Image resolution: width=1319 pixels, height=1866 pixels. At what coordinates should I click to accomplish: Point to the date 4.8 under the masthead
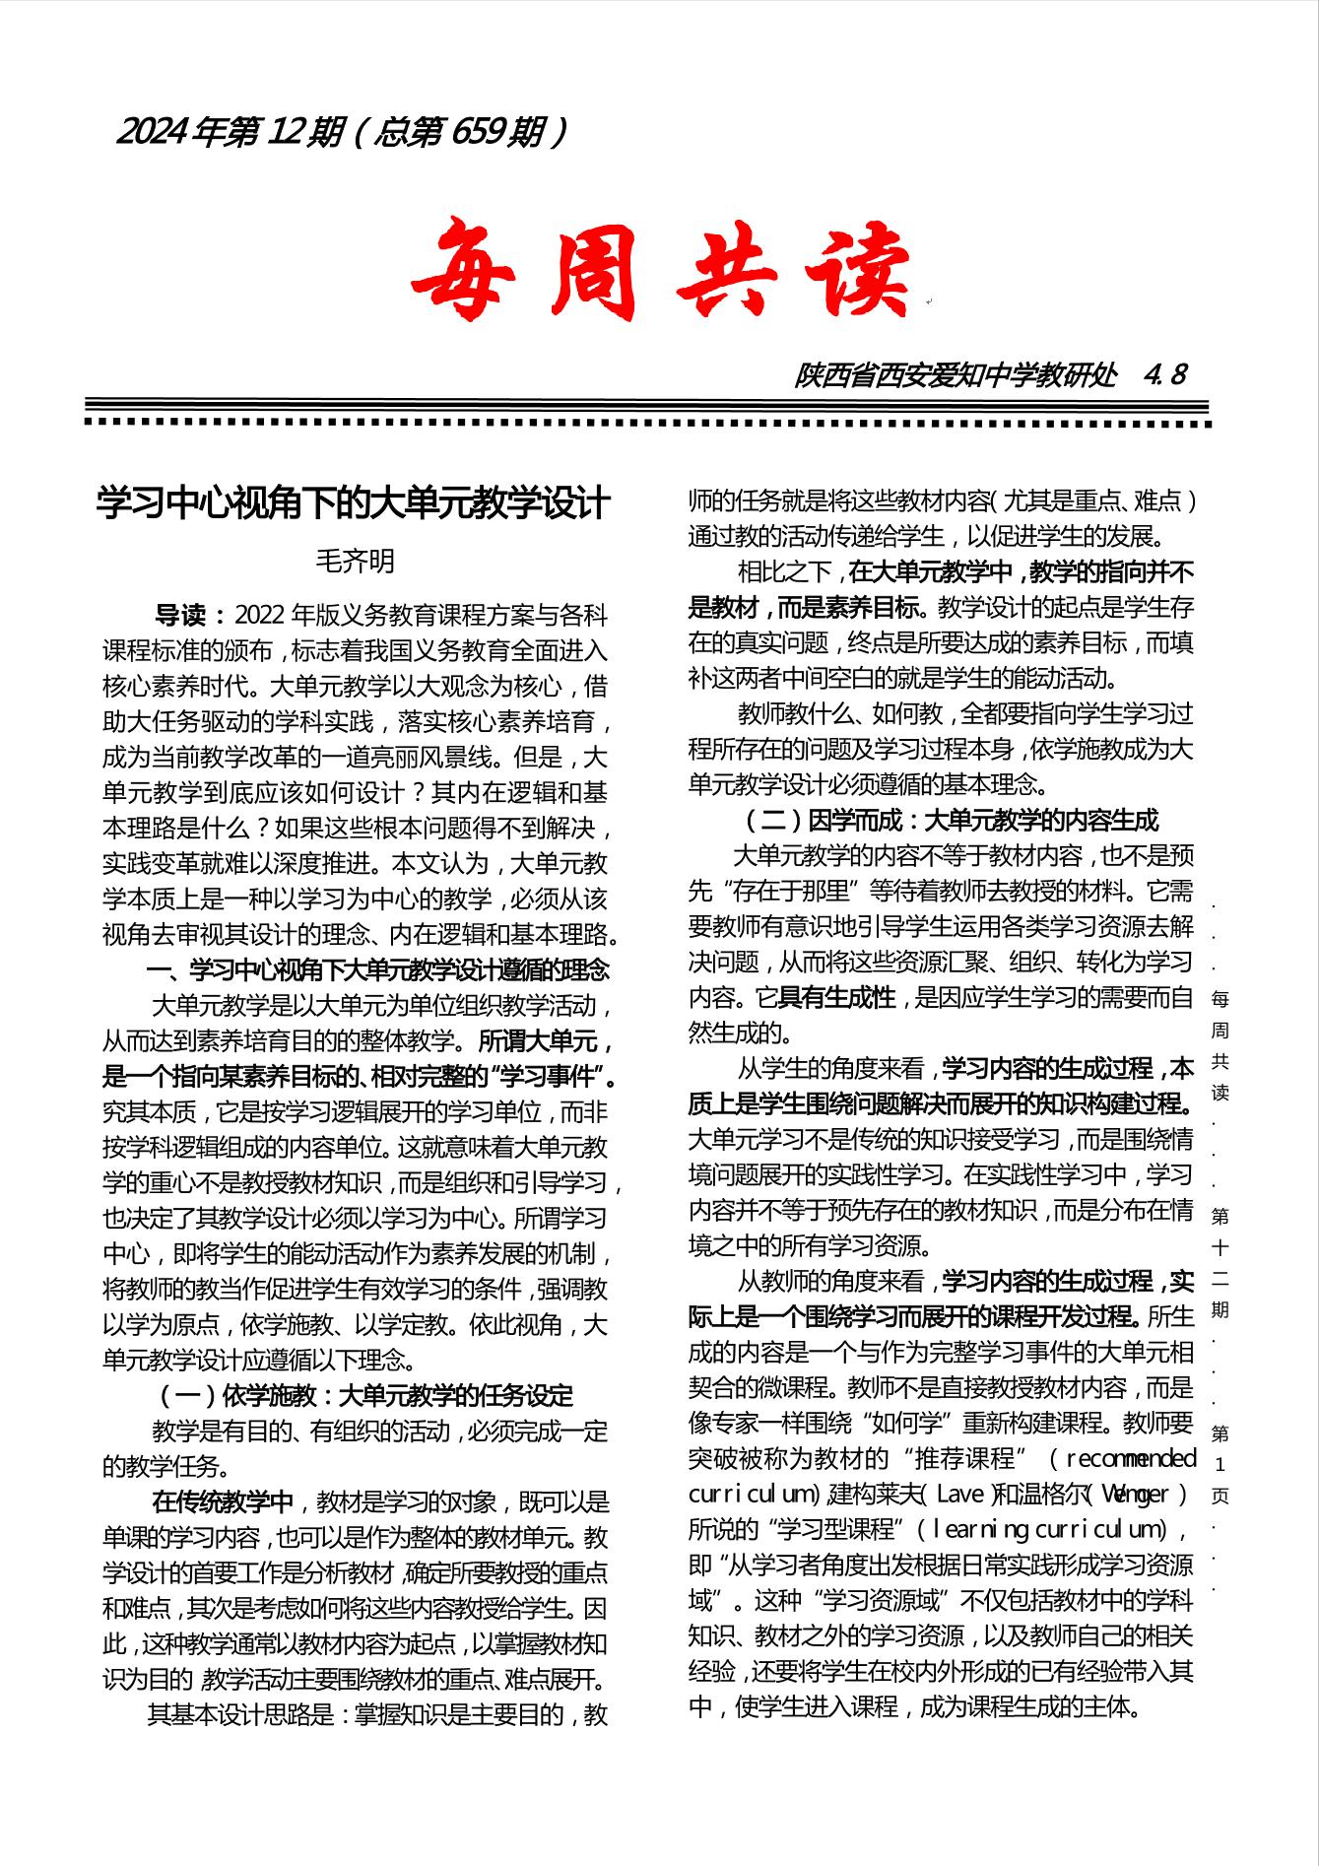coord(1165,375)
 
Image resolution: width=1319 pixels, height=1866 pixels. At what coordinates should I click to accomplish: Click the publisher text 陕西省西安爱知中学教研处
coord(956,375)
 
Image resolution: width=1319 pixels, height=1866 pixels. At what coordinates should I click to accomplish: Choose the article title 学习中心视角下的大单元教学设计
coord(354,503)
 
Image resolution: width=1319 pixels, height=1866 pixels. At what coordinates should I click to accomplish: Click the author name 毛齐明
coord(355,561)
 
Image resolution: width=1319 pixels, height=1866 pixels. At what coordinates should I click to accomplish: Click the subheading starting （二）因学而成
coord(949,820)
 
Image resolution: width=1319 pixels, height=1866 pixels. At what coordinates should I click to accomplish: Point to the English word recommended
coord(1131,1458)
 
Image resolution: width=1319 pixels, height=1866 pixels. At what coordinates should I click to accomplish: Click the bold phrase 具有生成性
coord(836,997)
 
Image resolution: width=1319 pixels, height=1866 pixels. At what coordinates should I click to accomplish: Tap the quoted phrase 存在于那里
coord(799,891)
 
